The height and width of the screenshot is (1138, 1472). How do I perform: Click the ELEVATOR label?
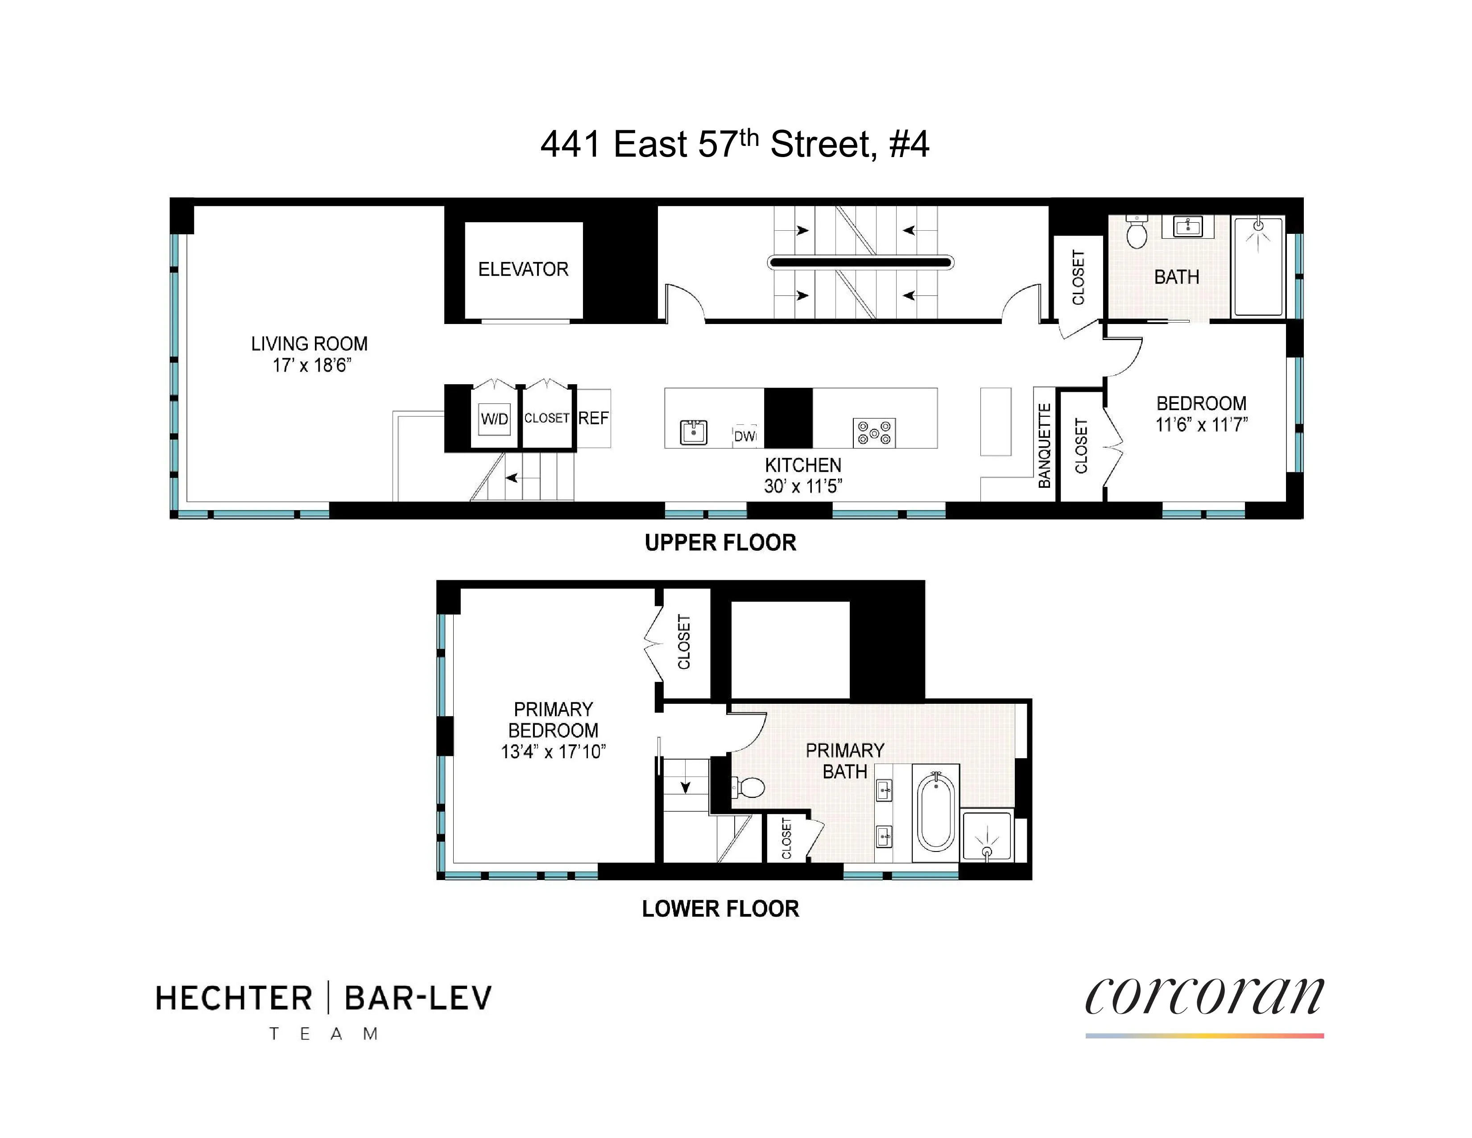523,269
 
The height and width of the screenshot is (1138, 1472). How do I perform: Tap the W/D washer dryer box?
494,419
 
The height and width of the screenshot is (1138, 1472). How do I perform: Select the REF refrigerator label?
593,418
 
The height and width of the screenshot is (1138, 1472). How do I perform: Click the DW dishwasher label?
745,436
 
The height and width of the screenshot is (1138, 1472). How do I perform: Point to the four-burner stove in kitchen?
874,433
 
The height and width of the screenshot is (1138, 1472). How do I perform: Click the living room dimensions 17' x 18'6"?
311,365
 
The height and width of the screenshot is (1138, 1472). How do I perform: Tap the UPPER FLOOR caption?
720,543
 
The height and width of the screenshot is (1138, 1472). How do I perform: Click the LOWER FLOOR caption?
720,909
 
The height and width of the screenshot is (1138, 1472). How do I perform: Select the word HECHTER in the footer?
234,998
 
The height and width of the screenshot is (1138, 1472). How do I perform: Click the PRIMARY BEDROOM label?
553,719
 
